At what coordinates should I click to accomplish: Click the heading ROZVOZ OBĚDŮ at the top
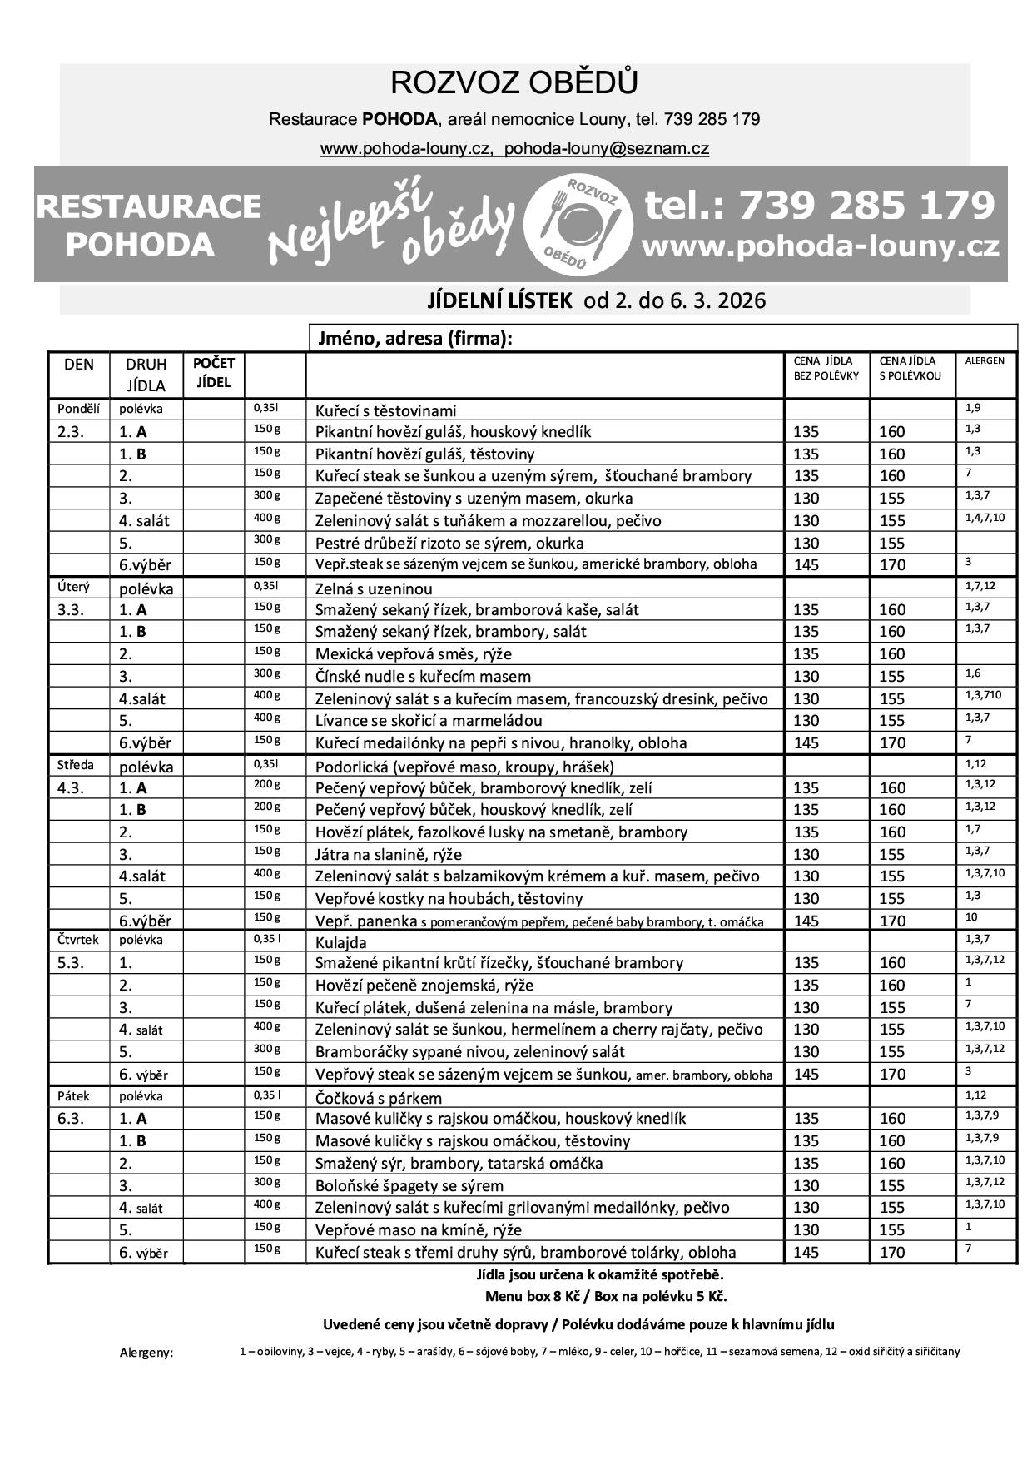point(514,83)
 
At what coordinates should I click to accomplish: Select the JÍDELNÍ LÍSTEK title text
point(499,300)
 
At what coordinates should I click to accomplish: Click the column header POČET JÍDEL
point(213,373)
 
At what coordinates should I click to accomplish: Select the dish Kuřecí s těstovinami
point(385,410)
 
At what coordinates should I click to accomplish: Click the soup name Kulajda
point(341,942)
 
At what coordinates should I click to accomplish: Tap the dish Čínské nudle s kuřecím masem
point(423,677)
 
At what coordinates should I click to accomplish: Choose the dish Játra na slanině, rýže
point(388,854)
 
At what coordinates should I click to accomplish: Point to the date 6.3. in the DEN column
point(72,1119)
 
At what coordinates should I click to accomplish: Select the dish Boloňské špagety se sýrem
point(409,1185)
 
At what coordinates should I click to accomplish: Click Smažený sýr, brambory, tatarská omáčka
point(459,1163)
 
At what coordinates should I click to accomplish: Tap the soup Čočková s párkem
point(379,1098)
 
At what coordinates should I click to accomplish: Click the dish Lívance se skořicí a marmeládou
point(429,721)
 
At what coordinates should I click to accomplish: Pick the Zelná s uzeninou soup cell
point(375,588)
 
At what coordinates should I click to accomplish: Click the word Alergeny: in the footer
point(146,1353)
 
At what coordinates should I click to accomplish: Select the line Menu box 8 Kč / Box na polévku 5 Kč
point(606,1296)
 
